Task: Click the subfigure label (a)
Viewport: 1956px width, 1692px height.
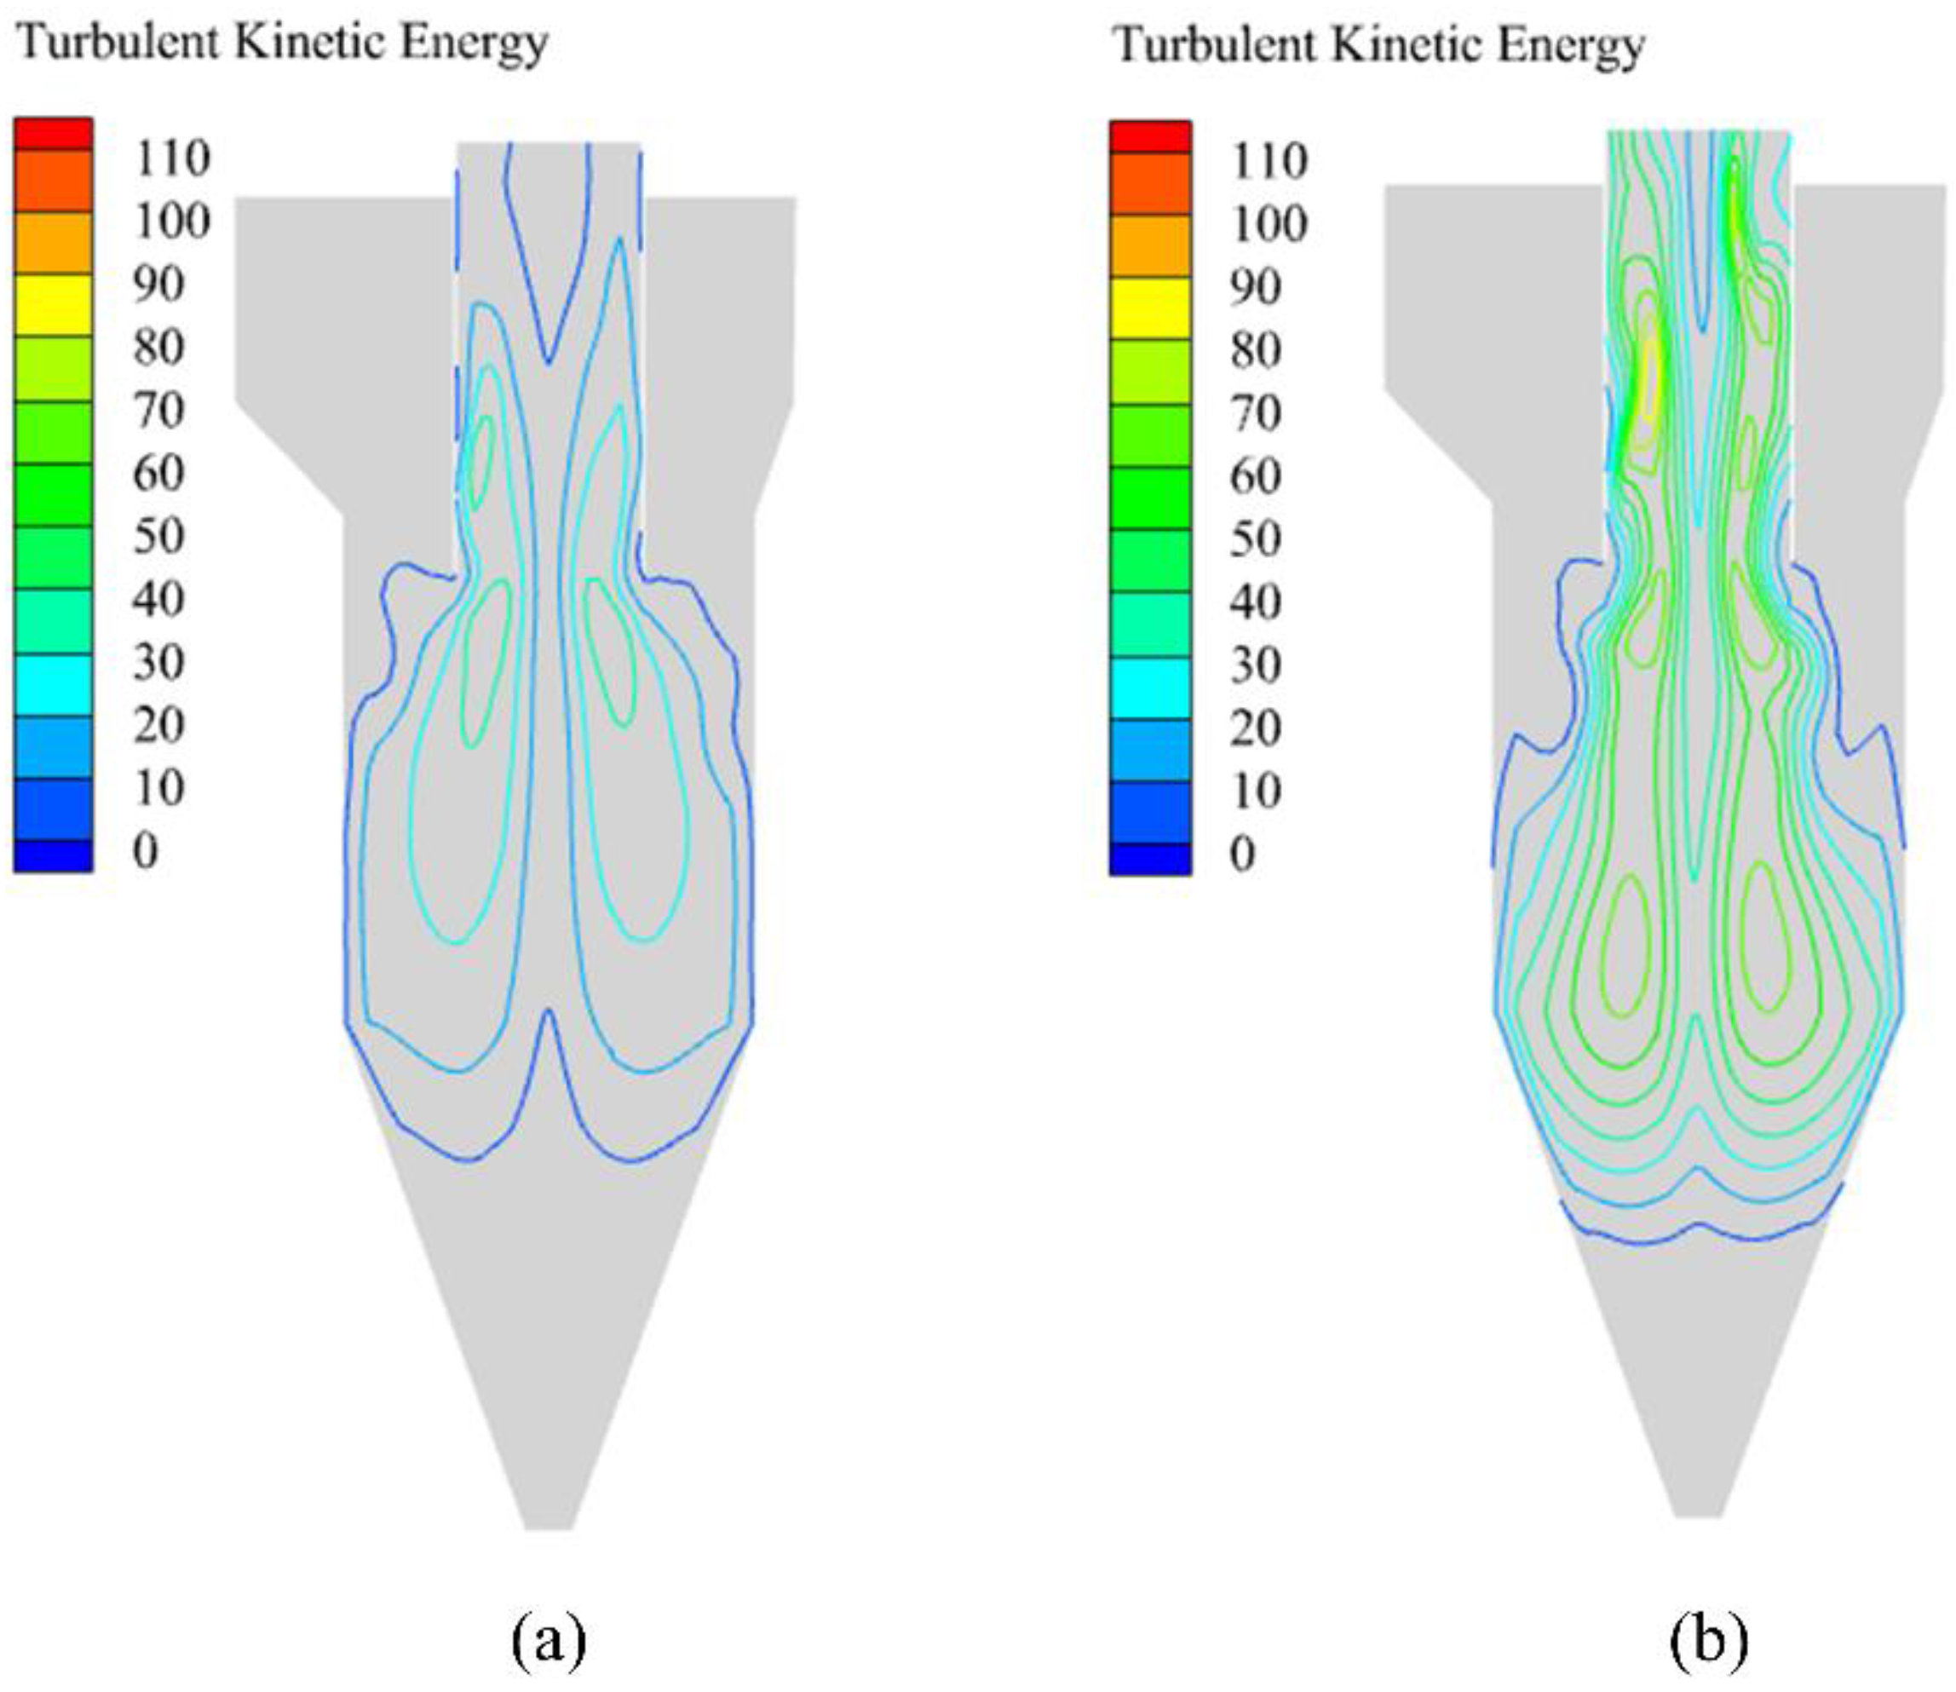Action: tap(549, 1640)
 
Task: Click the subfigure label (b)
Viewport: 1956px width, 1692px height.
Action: tap(1709, 1640)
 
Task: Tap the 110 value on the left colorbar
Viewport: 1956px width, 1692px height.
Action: tap(172, 158)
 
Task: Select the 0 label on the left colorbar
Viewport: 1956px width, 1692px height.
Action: tap(146, 852)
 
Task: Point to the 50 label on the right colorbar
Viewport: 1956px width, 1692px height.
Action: tap(1255, 538)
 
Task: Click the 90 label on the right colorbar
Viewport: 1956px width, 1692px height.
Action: tap(1255, 287)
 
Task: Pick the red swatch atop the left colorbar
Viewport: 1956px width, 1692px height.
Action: tap(53, 133)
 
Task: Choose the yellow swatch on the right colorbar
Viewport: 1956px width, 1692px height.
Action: tap(1149, 308)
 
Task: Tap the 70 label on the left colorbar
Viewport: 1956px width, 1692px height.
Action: tap(158, 411)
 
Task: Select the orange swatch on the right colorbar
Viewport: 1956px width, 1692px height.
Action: tap(1149, 245)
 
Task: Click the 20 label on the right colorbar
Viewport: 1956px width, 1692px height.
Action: tap(1255, 728)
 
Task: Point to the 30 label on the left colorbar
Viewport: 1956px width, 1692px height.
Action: tap(158, 663)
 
